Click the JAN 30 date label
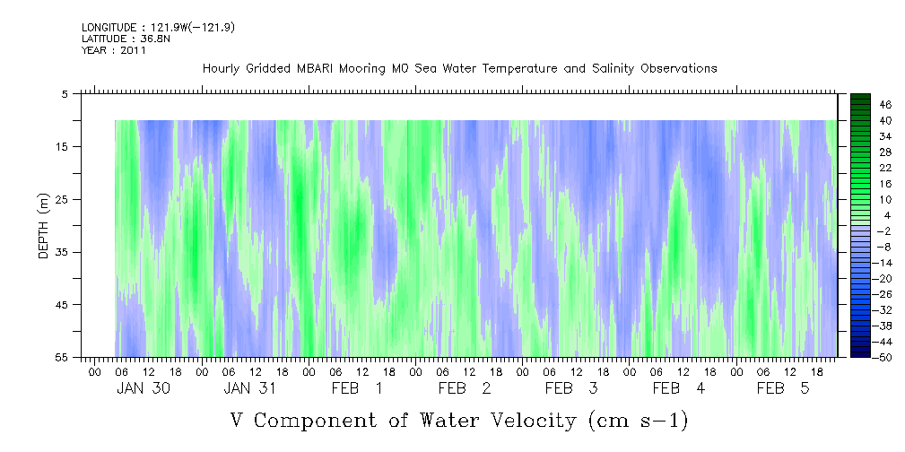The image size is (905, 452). click(144, 388)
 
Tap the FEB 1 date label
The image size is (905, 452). click(357, 388)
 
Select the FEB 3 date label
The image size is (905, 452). click(571, 388)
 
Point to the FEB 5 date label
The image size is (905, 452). click(783, 388)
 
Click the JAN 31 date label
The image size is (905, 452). click(249, 388)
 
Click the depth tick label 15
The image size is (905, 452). click(65, 146)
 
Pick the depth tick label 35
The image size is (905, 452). click(65, 252)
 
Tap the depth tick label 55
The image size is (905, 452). click(65, 357)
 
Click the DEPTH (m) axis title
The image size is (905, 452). click(43, 226)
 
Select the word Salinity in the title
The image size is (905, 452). click(613, 69)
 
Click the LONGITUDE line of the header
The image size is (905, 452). click(158, 27)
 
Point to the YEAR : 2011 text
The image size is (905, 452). click(114, 50)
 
